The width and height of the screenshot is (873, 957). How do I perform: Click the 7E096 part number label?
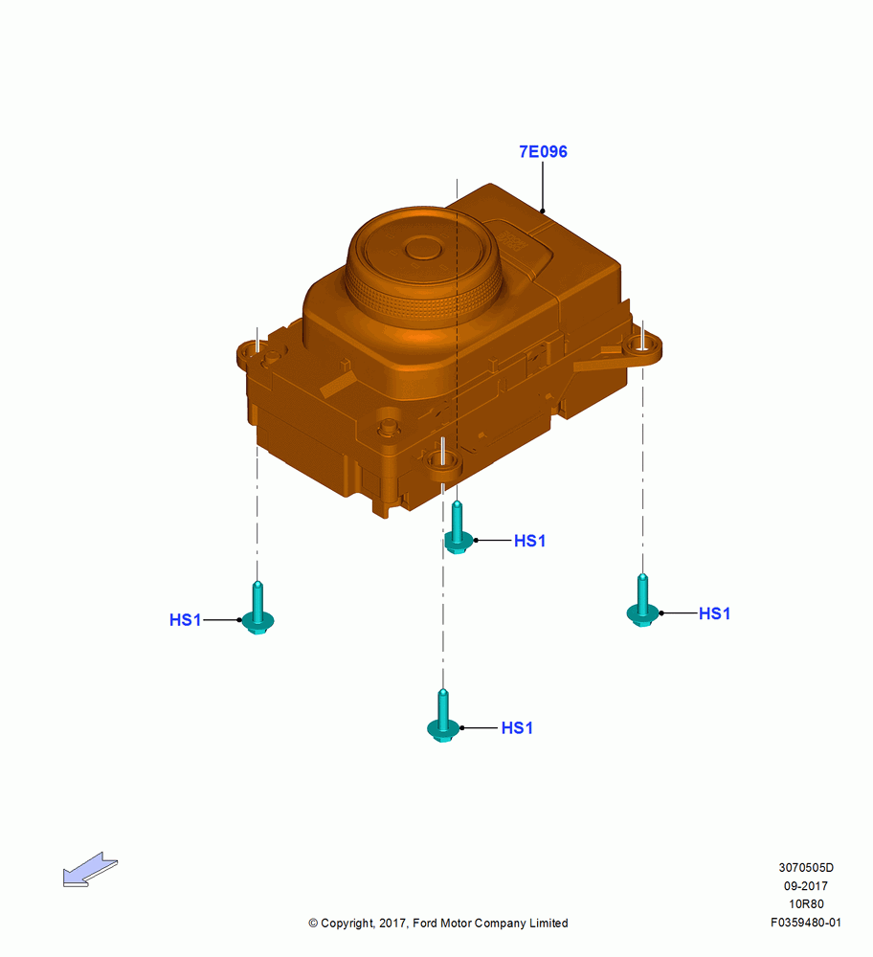click(543, 151)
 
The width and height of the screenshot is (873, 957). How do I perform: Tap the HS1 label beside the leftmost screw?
click(185, 620)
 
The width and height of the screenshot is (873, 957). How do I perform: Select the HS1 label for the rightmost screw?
click(714, 613)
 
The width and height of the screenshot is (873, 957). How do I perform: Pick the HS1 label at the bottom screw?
click(517, 727)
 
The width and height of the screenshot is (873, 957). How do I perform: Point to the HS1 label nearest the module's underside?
click(530, 541)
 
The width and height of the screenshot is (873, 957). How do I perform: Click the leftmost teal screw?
click(257, 609)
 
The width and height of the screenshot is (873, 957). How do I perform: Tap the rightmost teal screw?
click(642, 602)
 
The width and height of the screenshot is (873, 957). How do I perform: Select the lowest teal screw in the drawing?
click(443, 717)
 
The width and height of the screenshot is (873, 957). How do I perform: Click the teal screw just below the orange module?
click(458, 528)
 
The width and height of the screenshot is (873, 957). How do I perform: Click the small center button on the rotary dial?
click(423, 249)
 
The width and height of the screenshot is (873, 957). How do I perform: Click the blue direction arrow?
click(90, 869)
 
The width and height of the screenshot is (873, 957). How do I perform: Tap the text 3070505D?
click(806, 867)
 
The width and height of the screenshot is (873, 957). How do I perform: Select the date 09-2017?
click(806, 885)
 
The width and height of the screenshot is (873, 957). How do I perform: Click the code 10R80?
click(806, 904)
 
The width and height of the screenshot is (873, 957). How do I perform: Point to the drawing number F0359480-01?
click(806, 923)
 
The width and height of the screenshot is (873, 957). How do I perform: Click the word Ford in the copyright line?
click(425, 923)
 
